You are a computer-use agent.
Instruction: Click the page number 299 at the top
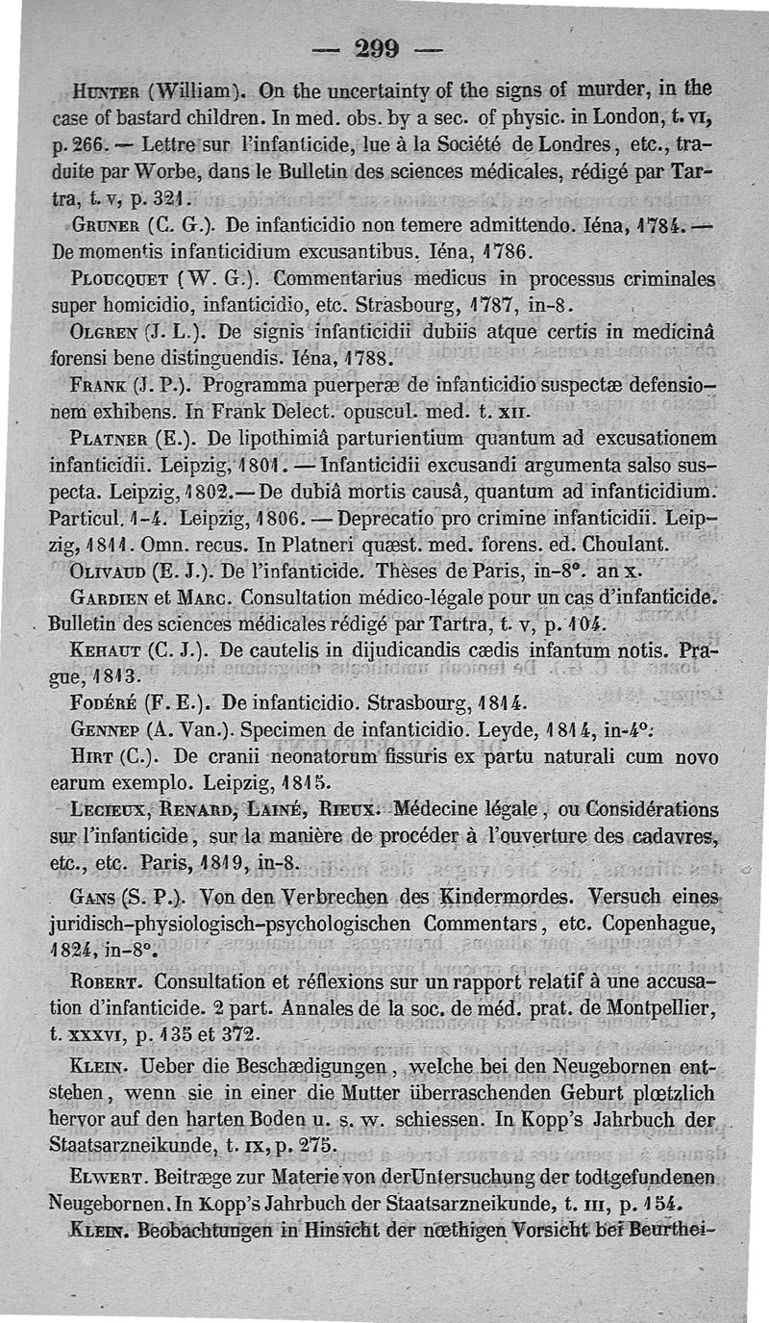[382, 49]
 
